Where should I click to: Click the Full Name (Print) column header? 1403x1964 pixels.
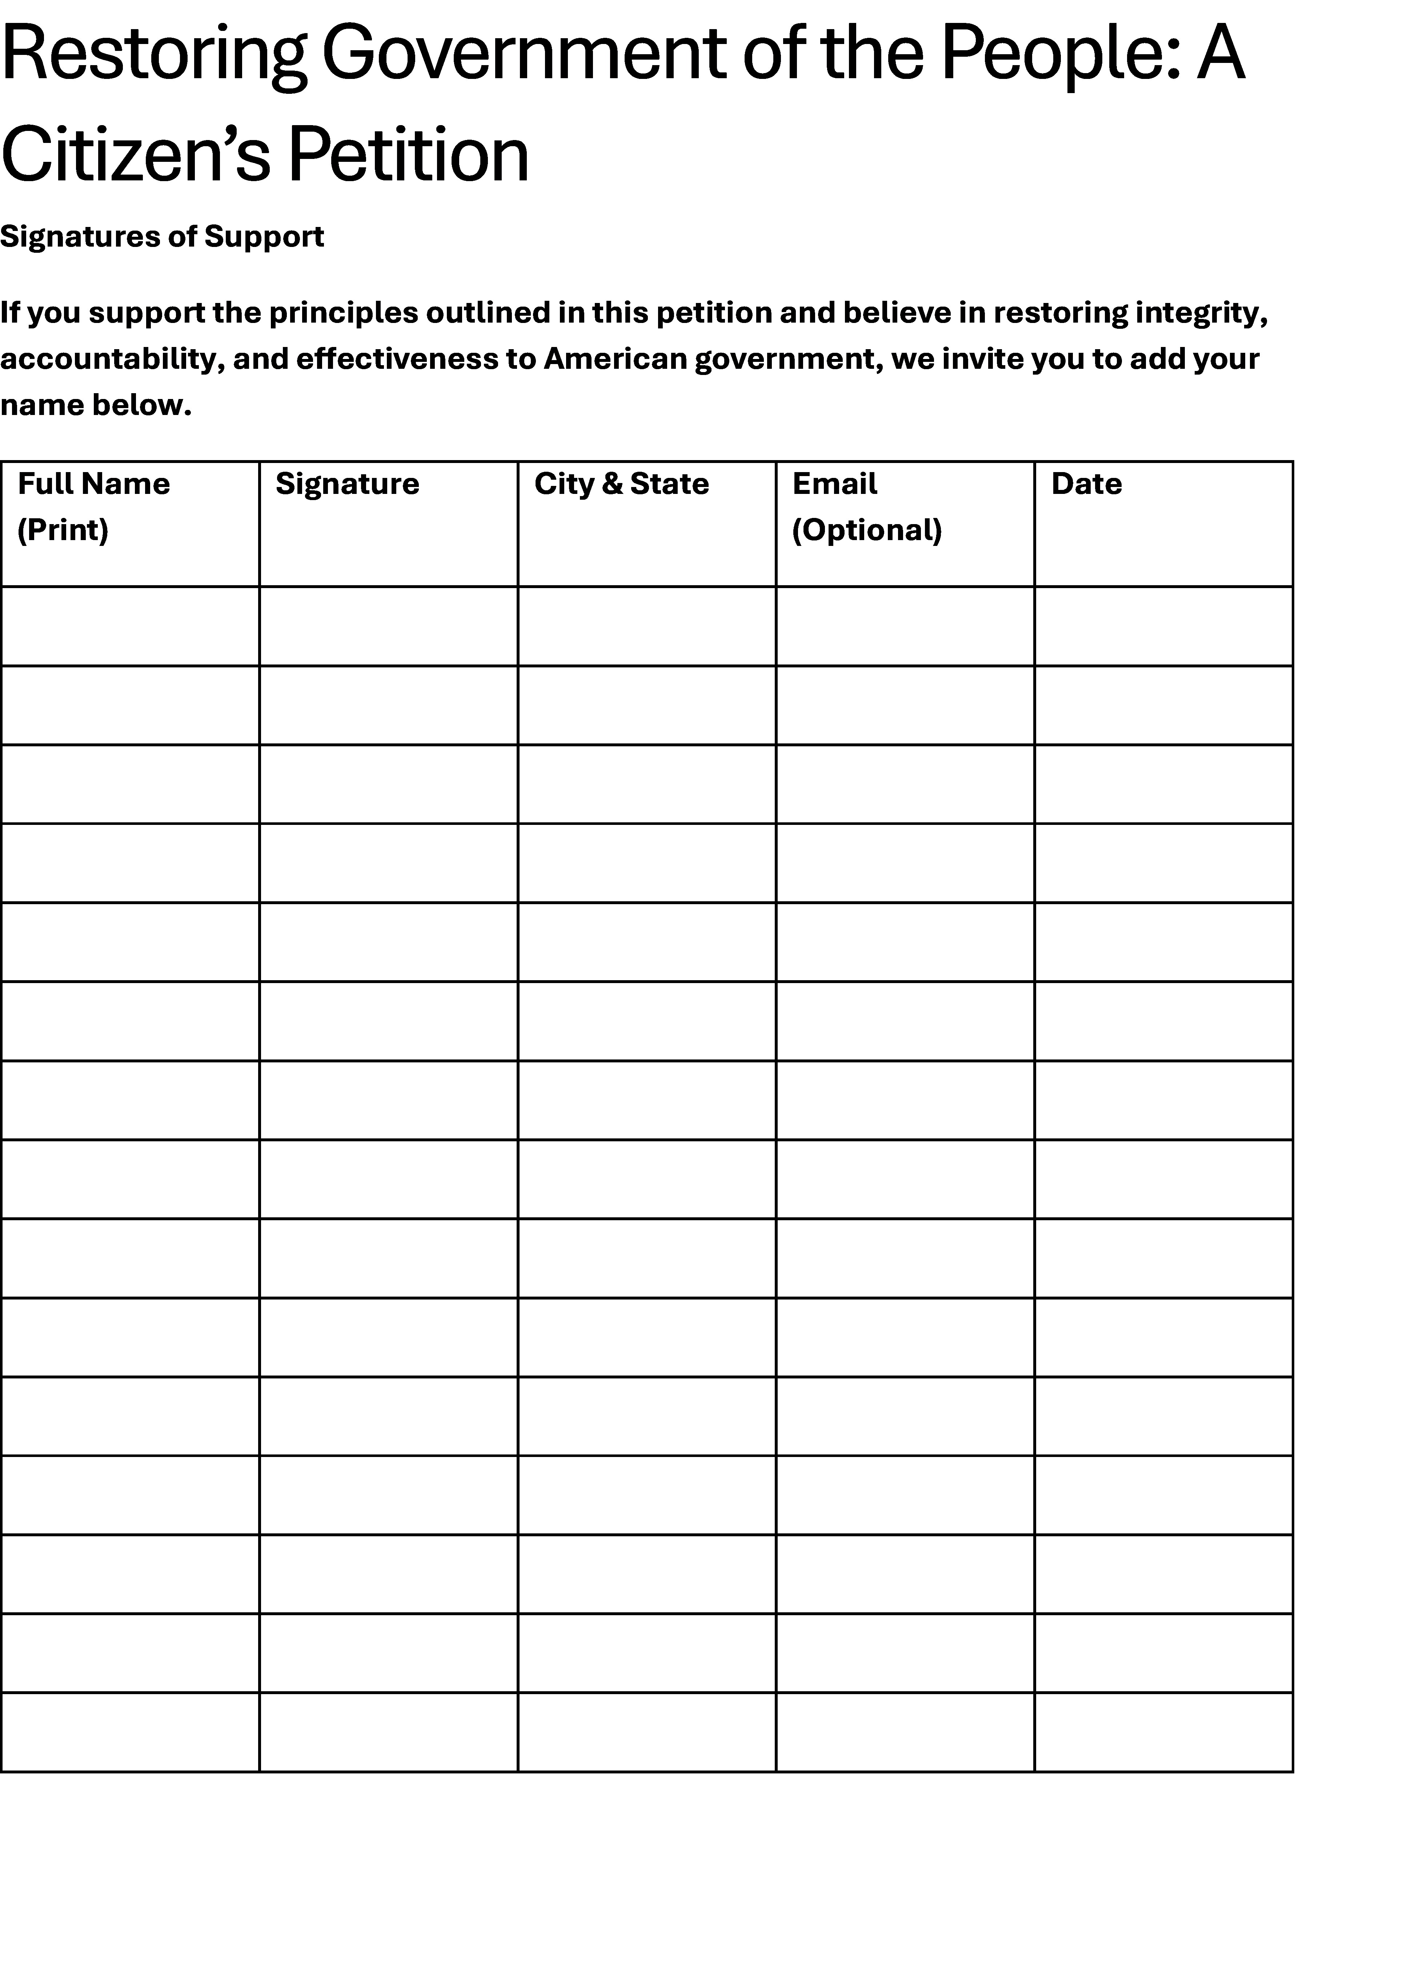click(x=93, y=506)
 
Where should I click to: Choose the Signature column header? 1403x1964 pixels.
click(x=347, y=484)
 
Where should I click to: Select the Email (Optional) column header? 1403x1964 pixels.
click(x=866, y=506)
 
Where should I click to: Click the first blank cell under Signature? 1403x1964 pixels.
click(x=389, y=626)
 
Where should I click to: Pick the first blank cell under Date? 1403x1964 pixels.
click(x=1164, y=626)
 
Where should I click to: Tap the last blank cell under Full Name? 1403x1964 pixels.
click(x=131, y=1732)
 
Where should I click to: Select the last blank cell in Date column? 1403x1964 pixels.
click(x=1164, y=1732)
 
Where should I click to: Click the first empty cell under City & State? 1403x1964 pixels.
click(x=647, y=626)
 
